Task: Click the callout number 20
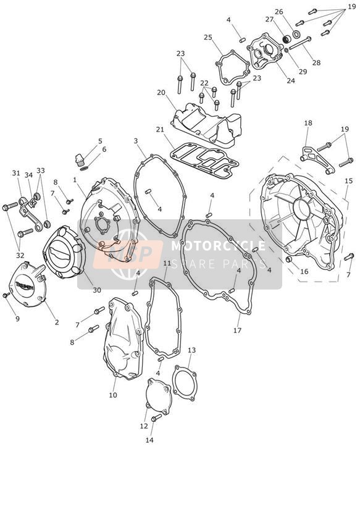[x=161, y=93]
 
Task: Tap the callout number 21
[x=160, y=130]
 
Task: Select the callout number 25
[x=208, y=37]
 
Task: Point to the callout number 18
[x=308, y=123]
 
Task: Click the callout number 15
[x=348, y=181]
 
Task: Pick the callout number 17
[x=237, y=330]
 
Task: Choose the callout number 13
[x=192, y=350]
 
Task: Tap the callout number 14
[x=149, y=440]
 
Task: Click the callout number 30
[x=97, y=290]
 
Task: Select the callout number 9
[x=17, y=319]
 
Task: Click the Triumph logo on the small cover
[x=24, y=287]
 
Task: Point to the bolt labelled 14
[x=156, y=417]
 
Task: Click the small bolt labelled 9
[x=6, y=295]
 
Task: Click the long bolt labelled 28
[x=299, y=43]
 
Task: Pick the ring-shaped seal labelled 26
[x=296, y=34]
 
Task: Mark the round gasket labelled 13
[x=184, y=384]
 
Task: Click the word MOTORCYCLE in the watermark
[x=218, y=245]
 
